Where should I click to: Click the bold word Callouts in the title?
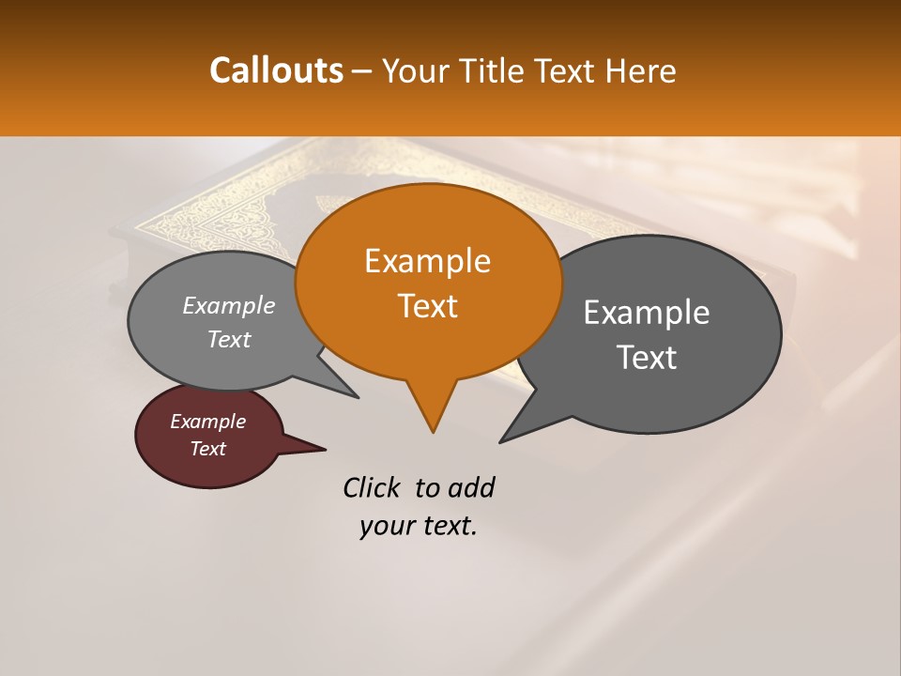click(x=276, y=70)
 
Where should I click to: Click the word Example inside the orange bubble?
click(x=428, y=261)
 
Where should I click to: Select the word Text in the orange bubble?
click(x=428, y=305)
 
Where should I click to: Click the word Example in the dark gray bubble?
click(x=647, y=313)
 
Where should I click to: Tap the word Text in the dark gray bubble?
click(x=647, y=357)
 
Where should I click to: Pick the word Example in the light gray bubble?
click(x=229, y=306)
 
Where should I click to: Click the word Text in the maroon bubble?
click(x=208, y=449)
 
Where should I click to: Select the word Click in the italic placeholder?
click(x=372, y=487)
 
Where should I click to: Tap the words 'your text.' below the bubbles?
click(x=419, y=526)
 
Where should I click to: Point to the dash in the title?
click(x=363, y=70)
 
